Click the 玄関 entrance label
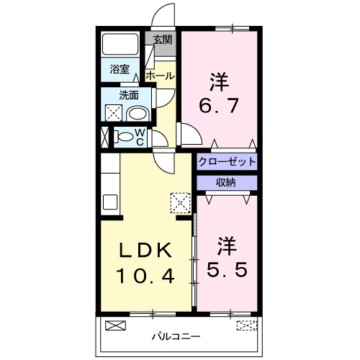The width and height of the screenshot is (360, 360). (x=163, y=40)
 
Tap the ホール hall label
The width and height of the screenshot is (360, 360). (x=159, y=76)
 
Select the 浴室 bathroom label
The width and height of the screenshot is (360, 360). (x=120, y=70)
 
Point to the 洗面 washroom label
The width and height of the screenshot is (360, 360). (x=130, y=94)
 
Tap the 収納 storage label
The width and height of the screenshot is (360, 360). (x=227, y=183)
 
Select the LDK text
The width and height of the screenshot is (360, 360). (x=146, y=251)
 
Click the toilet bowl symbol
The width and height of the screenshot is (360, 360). (x=125, y=136)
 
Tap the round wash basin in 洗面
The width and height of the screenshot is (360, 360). (x=138, y=113)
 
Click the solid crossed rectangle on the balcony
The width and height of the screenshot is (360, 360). (x=115, y=325)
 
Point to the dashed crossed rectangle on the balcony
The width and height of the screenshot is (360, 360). (x=246, y=325)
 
